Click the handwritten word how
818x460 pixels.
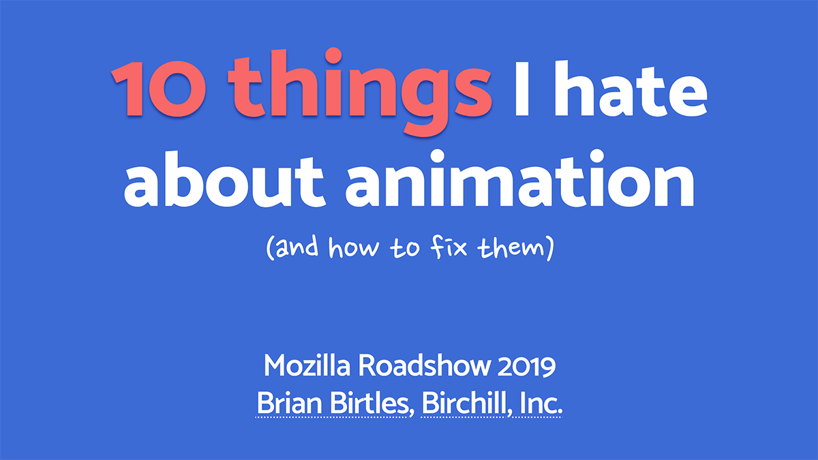tap(353, 249)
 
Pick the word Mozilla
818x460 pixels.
tap(308, 367)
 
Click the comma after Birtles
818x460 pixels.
tap(412, 412)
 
